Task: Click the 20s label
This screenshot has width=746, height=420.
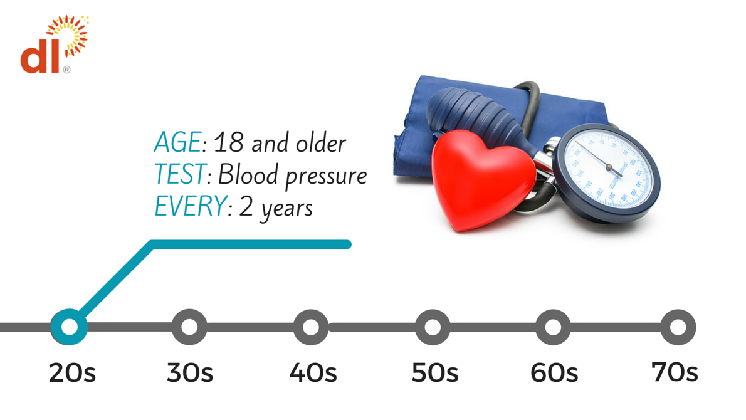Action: [72, 373]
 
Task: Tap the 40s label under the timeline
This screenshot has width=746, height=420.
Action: [313, 373]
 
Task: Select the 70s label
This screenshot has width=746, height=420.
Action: [675, 372]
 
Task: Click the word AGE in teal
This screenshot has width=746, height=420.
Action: [177, 142]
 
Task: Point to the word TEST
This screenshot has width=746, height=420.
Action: [181, 174]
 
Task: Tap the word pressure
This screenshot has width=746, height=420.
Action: [327, 177]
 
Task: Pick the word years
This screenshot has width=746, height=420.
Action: [286, 209]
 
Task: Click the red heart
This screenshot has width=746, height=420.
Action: [483, 179]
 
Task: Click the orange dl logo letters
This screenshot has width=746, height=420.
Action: [40, 56]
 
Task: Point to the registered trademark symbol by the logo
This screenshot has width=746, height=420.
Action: [66, 70]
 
